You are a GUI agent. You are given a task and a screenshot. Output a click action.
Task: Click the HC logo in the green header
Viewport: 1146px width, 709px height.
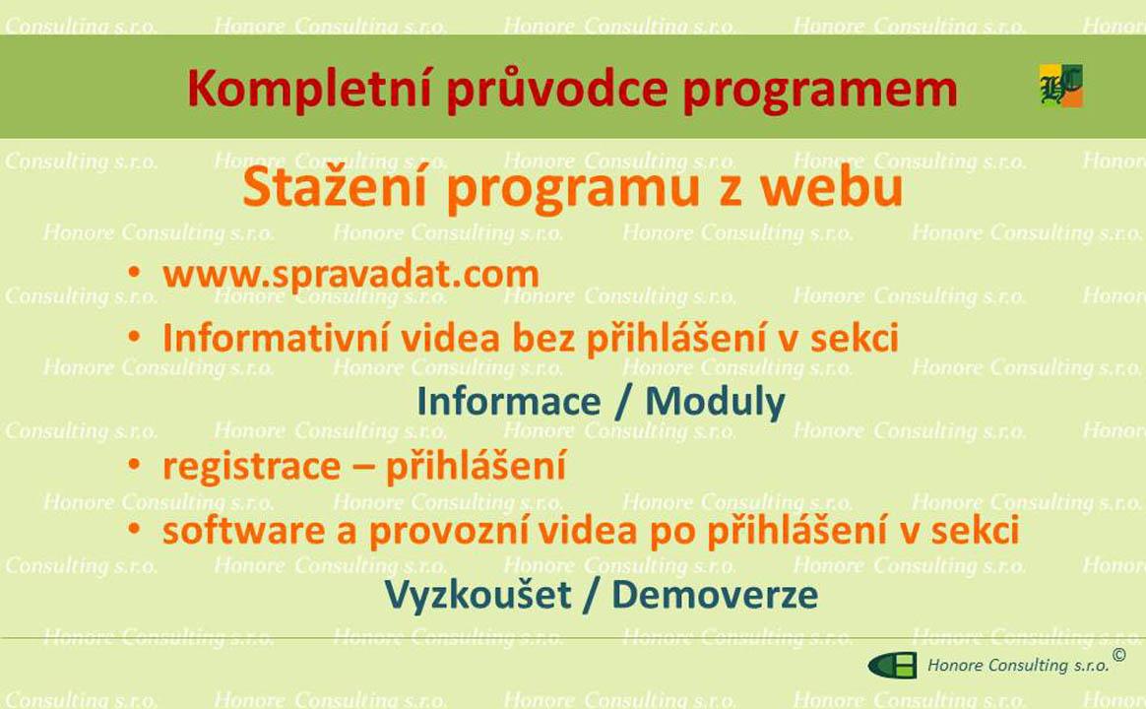click(1061, 87)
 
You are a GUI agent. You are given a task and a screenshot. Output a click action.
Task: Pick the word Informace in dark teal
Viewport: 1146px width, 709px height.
click(509, 402)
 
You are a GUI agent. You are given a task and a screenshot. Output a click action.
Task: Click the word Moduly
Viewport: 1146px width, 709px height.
click(715, 403)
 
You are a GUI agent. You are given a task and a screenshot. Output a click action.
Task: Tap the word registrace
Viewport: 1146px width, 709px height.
click(251, 468)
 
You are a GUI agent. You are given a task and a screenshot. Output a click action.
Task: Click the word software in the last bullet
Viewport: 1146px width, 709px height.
click(243, 531)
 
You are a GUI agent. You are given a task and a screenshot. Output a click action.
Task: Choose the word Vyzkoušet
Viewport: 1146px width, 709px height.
click(477, 595)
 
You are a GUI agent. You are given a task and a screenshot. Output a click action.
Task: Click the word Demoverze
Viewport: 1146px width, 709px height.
click(715, 595)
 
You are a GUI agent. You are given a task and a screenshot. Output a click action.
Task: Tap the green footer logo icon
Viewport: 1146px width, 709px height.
click(892, 666)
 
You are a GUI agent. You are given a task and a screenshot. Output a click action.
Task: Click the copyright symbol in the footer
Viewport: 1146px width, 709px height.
click(1119, 655)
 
